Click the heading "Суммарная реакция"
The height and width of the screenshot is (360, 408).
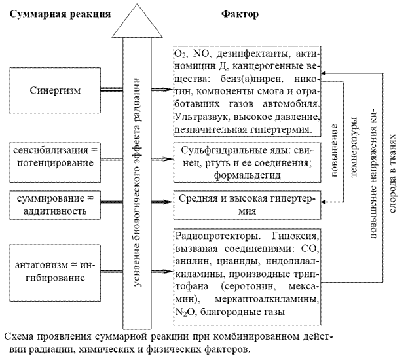(60, 14)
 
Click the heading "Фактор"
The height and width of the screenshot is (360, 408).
(240, 14)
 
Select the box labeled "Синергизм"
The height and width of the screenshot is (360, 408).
(55, 90)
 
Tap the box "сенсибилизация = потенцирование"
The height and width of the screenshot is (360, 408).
(55, 162)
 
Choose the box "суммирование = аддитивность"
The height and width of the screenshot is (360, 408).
(55, 205)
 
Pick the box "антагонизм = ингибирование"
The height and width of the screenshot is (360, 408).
(55, 273)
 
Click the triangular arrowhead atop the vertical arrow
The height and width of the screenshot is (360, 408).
(137, 21)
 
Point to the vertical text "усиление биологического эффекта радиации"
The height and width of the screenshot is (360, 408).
(137, 182)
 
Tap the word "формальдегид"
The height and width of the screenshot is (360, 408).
(248, 175)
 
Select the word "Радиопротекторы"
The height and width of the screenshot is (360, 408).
(217, 236)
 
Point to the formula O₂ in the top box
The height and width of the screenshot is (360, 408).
(180, 54)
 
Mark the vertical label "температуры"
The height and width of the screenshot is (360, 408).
(354, 147)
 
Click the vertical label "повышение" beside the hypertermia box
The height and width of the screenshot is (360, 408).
(334, 151)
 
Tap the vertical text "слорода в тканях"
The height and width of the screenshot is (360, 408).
(392, 173)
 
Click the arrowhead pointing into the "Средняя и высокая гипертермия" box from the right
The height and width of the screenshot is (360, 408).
(324, 202)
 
